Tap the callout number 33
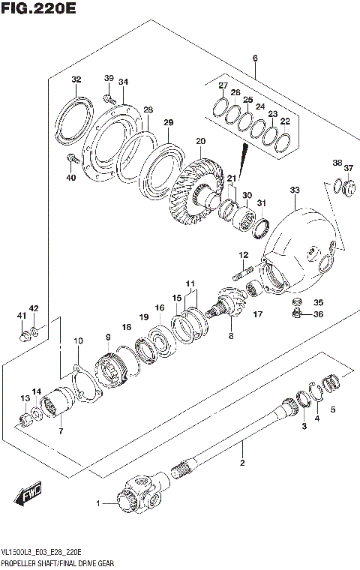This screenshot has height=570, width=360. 294,190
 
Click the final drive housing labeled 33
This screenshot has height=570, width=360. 300,244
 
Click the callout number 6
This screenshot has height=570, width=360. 255,58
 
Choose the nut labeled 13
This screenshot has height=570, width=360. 25,416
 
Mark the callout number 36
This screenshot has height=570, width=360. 317,314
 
